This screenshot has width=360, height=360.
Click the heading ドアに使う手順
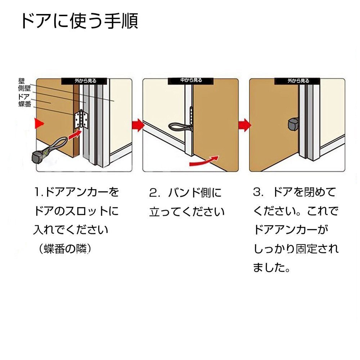tap(80, 21)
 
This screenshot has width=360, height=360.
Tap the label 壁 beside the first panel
tap(22, 81)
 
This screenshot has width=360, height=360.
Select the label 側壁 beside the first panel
tap(24, 89)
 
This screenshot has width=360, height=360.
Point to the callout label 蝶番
tap(25, 104)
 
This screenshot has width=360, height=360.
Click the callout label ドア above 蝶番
tap(24, 96)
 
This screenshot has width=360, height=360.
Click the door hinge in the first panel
tap(81, 120)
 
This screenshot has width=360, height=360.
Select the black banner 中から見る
tap(191, 80)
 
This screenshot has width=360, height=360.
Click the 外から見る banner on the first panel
tap(84, 81)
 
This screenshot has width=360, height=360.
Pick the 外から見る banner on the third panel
tap(297, 81)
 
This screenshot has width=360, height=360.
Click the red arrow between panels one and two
tap(138, 125)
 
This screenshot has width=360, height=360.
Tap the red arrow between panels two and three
tap(245, 125)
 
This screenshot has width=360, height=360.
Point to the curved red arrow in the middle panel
tap(204, 161)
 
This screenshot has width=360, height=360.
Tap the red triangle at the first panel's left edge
tap(39, 123)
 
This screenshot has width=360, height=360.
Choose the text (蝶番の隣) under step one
tap(65, 249)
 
